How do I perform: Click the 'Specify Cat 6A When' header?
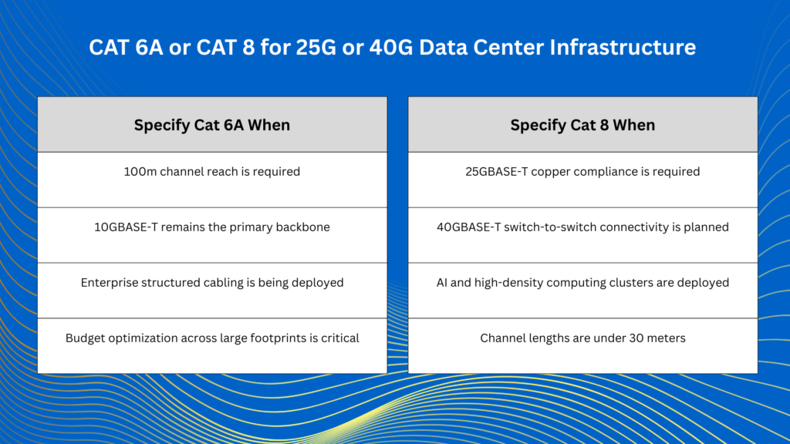coord(212,125)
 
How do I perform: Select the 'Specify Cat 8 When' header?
coord(582,125)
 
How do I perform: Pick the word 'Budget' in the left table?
coord(86,338)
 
